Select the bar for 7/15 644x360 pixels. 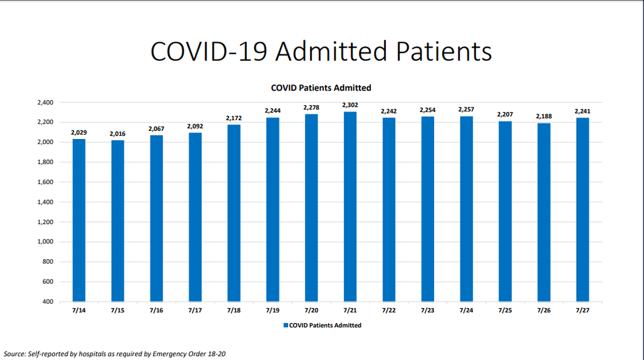118,221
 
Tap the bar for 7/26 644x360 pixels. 544,212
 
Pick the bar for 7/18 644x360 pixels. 234,213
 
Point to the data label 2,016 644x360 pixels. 118,134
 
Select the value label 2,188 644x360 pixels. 544,116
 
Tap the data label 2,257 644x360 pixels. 466,109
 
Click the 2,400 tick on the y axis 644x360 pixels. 45,102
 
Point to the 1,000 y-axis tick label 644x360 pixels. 45,242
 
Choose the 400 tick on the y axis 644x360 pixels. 48,302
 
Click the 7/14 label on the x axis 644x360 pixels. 79,311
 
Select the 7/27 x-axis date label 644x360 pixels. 582,311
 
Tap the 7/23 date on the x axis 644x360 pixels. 427,311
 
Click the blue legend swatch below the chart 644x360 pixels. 286,325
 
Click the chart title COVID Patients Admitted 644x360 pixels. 321,87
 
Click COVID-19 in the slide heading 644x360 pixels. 210,52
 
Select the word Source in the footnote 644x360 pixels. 14,355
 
